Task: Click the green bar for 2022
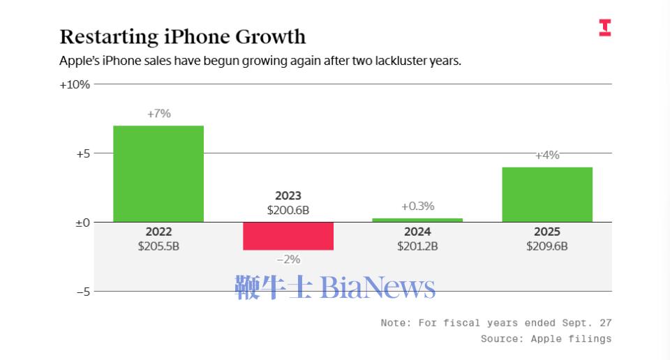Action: [158, 174]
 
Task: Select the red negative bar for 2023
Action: [288, 236]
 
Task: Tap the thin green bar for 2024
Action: [417, 220]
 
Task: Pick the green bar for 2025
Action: [547, 195]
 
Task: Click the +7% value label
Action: [158, 114]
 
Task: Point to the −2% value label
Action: [288, 259]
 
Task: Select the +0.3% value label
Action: [417, 207]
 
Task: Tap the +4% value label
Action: [547, 156]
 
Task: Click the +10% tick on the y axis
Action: [75, 84]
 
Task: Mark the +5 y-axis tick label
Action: [83, 153]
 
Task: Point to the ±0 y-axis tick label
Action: [83, 223]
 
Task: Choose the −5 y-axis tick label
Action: [83, 292]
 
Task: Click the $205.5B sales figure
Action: [158, 246]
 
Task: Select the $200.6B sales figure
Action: [288, 209]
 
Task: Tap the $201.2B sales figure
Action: [417, 246]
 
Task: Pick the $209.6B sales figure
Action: [547, 246]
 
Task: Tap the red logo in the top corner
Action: [604, 28]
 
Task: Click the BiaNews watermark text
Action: [378, 287]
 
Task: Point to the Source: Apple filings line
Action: [546, 338]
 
